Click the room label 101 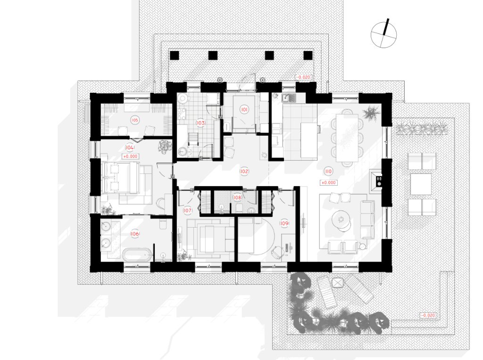(x=244, y=109)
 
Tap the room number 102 (x=244, y=172)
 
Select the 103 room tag (x=201, y=123)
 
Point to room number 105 (x=135, y=120)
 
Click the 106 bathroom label (x=135, y=234)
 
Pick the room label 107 (x=188, y=211)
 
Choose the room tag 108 (x=237, y=197)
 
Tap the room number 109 (x=284, y=223)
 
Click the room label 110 (x=328, y=172)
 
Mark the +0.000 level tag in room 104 (x=130, y=156)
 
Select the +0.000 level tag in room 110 (x=329, y=182)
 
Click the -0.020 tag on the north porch (x=303, y=77)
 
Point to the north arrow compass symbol (x=383, y=34)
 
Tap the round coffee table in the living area (x=341, y=220)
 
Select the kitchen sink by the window (x=289, y=98)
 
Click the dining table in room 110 (x=348, y=138)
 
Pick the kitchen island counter (x=309, y=140)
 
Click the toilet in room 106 (x=163, y=224)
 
